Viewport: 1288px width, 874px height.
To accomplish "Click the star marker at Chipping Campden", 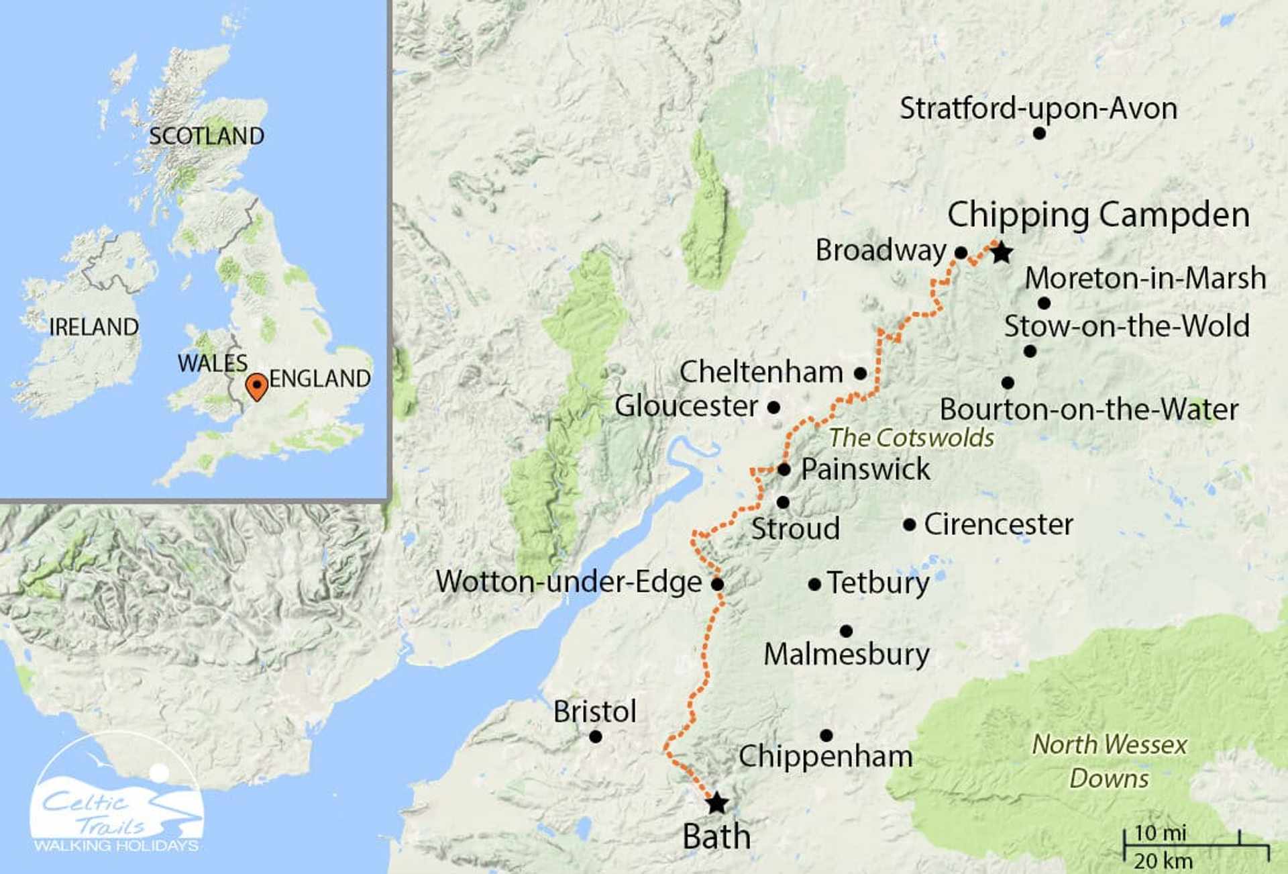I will click(1001, 253).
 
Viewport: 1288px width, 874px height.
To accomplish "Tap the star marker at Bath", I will click(717, 803).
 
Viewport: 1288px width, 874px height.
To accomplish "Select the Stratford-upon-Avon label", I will click(1038, 109).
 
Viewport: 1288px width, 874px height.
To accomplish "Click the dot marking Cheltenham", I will click(860, 373).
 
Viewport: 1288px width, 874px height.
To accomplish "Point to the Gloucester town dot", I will click(773, 407).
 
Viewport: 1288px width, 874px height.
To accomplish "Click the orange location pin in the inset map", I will click(256, 387).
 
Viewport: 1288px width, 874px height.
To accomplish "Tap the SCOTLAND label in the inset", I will click(207, 136).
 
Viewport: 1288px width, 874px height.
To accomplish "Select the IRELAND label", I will click(94, 328).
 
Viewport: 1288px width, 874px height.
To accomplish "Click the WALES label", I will click(213, 363).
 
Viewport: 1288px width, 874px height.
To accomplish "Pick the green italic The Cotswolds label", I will click(911, 438).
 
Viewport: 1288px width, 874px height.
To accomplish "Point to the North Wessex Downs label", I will click(1109, 761).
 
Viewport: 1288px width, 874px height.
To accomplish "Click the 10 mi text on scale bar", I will click(1160, 833).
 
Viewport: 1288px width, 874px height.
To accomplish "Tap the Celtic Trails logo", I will click(117, 795).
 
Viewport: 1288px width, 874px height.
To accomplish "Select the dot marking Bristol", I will click(595, 737).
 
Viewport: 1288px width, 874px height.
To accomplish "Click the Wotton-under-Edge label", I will click(569, 582).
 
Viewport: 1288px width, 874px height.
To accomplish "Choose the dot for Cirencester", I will click(909, 525).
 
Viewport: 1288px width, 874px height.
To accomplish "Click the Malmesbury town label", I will click(847, 654).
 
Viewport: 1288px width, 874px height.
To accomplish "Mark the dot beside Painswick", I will click(784, 469).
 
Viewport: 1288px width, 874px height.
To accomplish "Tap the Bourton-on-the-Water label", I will click(1089, 410).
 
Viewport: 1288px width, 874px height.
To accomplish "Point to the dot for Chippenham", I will click(826, 736).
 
